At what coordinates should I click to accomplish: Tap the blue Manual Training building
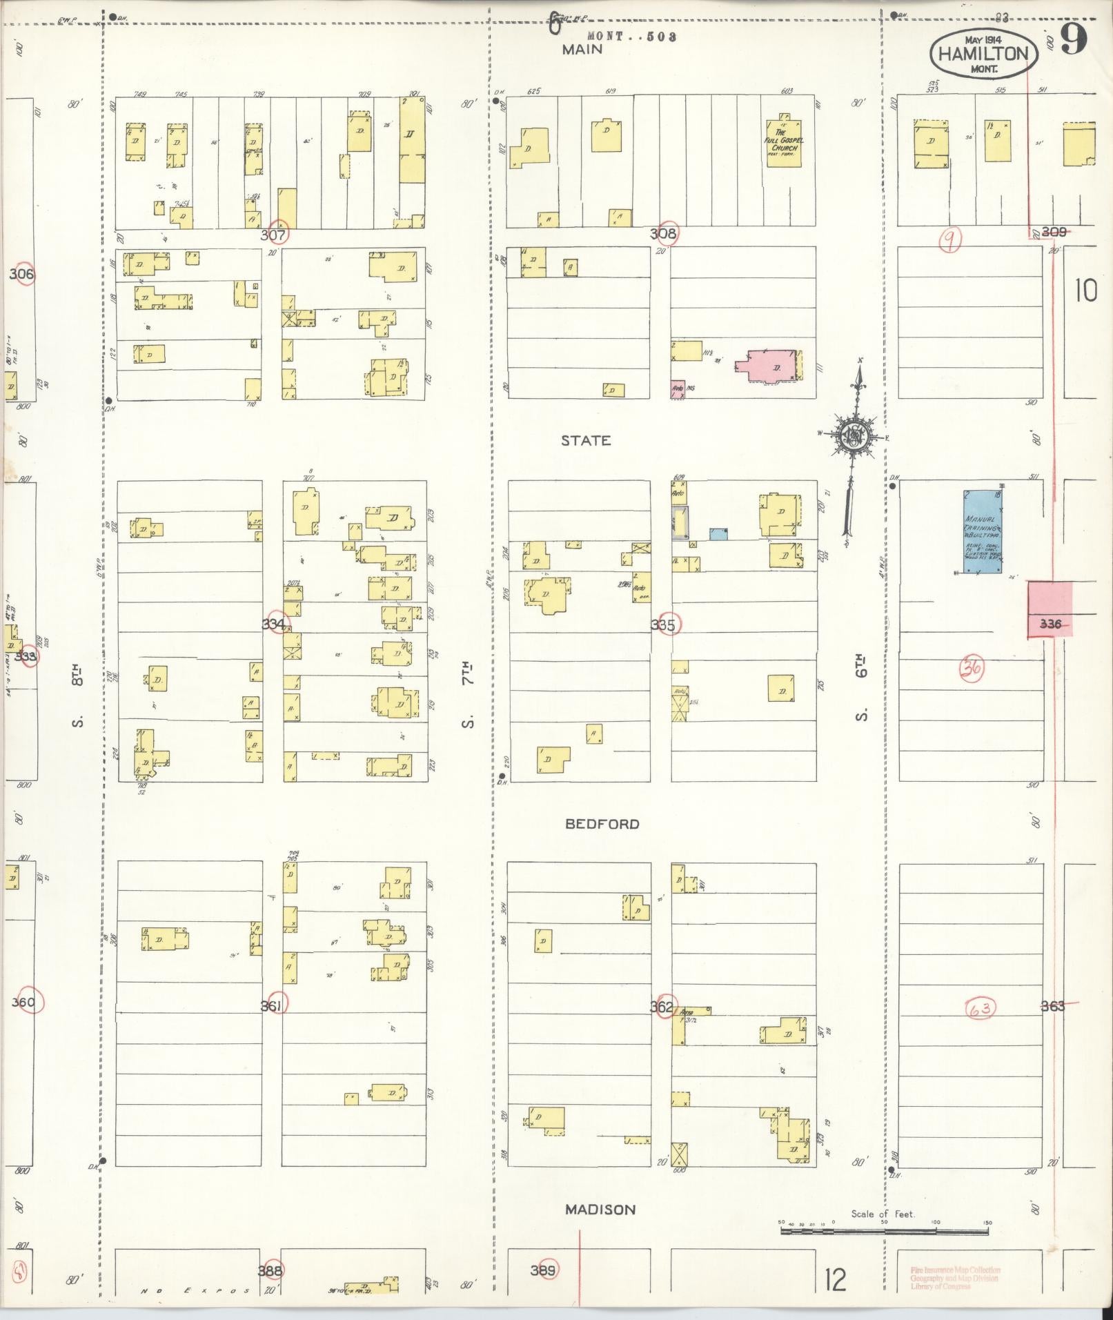(983, 531)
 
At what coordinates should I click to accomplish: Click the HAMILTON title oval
(983, 53)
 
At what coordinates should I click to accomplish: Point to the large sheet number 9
(1073, 39)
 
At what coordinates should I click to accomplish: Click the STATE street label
(586, 441)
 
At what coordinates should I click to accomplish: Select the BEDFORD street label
(602, 824)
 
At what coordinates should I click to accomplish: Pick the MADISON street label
(600, 1210)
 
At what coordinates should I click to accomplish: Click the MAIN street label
(582, 49)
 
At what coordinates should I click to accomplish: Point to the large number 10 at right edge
(1085, 291)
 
